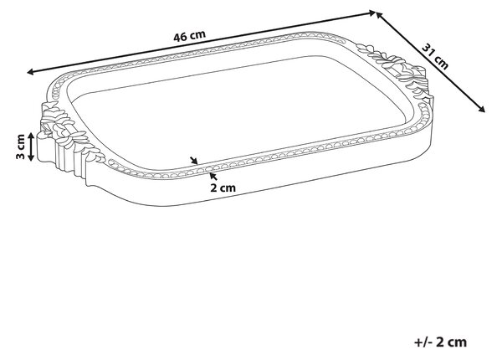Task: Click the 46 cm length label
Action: [189, 35]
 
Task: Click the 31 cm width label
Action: [435, 56]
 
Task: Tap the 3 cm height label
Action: [20, 147]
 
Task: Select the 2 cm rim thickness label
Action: [223, 188]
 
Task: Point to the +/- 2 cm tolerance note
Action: [441, 342]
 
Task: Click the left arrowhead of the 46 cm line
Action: [30, 72]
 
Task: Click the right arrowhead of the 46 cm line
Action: [372, 13]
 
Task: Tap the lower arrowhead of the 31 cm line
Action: [482, 109]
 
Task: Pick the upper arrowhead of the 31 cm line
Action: [379, 16]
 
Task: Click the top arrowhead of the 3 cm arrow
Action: [31, 136]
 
